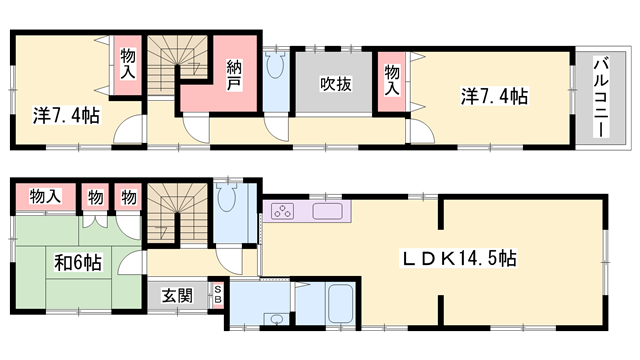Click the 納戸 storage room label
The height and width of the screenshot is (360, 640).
234,76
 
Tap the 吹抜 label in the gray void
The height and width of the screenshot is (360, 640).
336,84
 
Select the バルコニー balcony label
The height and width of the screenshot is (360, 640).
601,98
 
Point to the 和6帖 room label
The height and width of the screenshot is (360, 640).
78,262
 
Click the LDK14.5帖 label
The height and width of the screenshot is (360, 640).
459,258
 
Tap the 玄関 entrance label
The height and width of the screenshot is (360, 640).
177,296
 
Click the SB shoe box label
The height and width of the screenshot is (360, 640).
218,295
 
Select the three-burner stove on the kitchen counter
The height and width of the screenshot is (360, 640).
283,211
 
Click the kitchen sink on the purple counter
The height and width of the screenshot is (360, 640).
327,211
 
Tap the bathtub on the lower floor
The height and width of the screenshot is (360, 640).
340,303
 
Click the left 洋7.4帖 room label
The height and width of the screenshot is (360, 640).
66,116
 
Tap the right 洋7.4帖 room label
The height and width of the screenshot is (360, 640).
495,96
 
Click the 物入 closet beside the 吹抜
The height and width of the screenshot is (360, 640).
391,81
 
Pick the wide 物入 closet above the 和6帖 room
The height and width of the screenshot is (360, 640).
46,197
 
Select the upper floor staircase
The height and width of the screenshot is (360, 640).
177,64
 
